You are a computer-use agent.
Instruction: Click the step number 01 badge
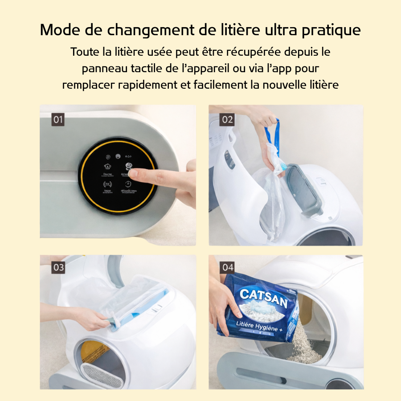(x=58, y=119)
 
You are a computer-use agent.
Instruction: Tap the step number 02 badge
(x=227, y=119)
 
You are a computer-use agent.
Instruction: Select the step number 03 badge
(x=58, y=267)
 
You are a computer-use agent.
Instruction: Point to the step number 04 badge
(x=228, y=267)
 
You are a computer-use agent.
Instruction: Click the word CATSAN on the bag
(x=263, y=296)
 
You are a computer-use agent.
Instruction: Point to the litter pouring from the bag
(x=303, y=343)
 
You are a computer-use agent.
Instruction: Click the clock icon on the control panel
(x=128, y=184)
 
